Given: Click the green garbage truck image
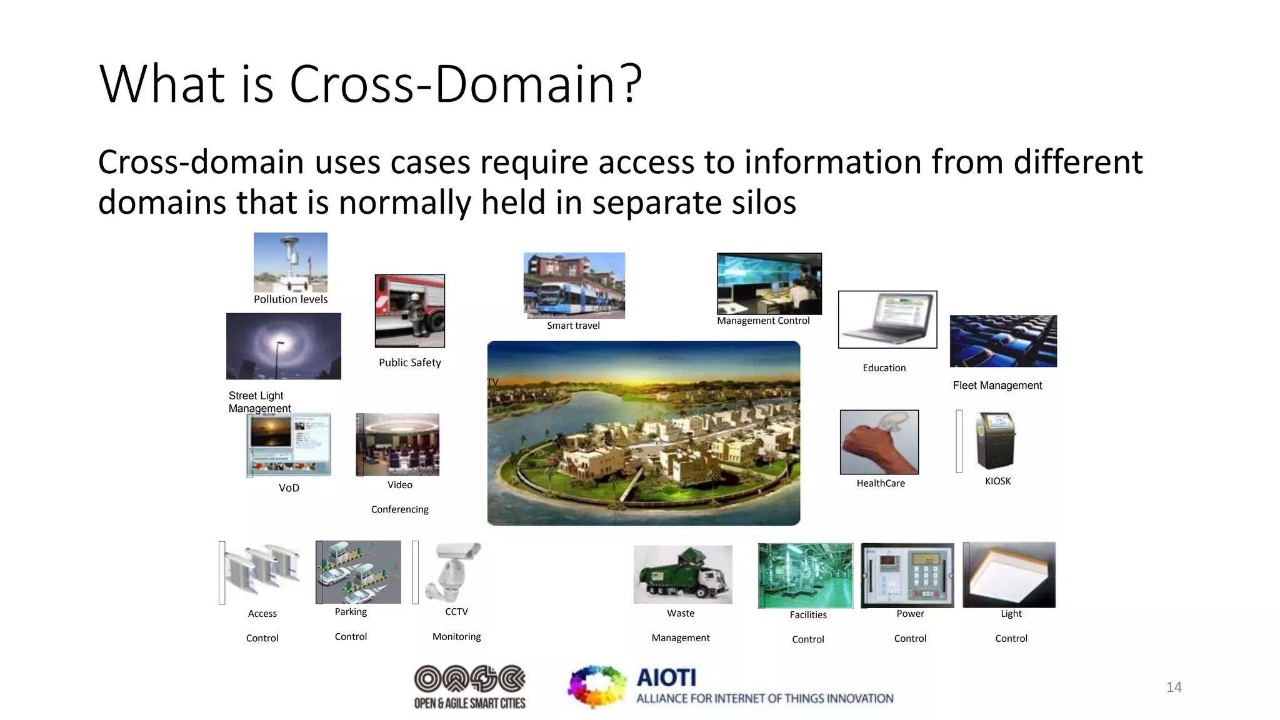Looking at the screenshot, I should point(682,574).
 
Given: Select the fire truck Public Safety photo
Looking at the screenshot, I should point(409,311).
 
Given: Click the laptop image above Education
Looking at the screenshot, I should point(887,319).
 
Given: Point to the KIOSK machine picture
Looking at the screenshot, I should point(996,441).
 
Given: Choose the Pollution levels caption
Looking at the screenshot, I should point(291,299).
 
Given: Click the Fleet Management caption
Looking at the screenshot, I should point(997,386).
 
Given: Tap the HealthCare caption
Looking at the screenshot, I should point(880,483).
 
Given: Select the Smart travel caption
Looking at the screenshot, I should point(573,326).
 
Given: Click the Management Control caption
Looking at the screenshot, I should point(763,321).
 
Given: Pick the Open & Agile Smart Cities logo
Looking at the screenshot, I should point(470,687).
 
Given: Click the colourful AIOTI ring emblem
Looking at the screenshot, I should point(596,686).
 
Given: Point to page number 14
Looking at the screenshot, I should point(1174,687).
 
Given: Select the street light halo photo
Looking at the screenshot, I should point(284,346).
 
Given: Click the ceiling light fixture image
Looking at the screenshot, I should point(1009,574).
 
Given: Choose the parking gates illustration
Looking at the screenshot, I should point(358,572).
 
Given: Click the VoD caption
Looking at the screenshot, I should point(289,488).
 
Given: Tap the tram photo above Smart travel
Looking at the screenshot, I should point(574,286).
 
